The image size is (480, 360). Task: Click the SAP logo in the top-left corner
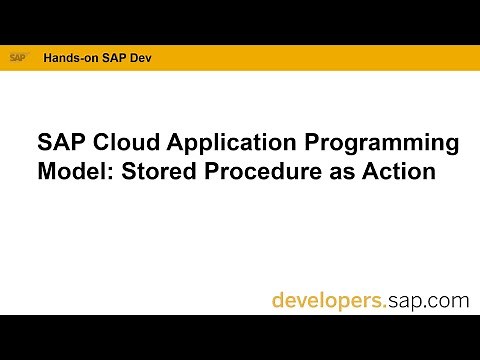pos(18,58)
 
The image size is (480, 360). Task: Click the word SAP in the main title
pos(57,142)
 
